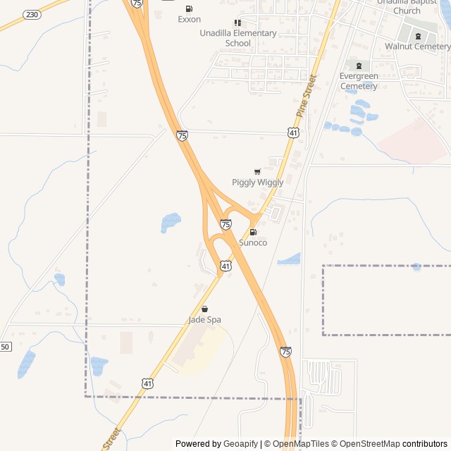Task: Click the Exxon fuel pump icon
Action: (x=188, y=8)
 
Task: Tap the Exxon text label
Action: (x=189, y=20)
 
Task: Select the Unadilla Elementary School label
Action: (x=237, y=38)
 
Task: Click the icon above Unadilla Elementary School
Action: (x=237, y=23)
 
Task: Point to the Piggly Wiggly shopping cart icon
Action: (x=257, y=172)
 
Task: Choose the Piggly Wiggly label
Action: (x=257, y=183)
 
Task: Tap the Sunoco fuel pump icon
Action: (x=253, y=232)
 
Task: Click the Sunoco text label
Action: (x=253, y=242)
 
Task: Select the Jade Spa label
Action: (x=204, y=319)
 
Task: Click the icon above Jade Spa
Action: (x=204, y=309)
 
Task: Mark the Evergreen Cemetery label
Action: (x=359, y=81)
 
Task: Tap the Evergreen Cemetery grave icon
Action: (x=359, y=66)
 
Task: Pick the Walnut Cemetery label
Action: (x=417, y=47)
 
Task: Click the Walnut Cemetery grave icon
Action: (x=418, y=36)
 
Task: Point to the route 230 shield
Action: (x=32, y=14)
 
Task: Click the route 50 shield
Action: (x=5, y=347)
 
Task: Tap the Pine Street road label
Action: (x=307, y=95)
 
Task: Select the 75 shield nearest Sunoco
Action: (x=225, y=224)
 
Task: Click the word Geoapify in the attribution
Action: (x=242, y=444)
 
